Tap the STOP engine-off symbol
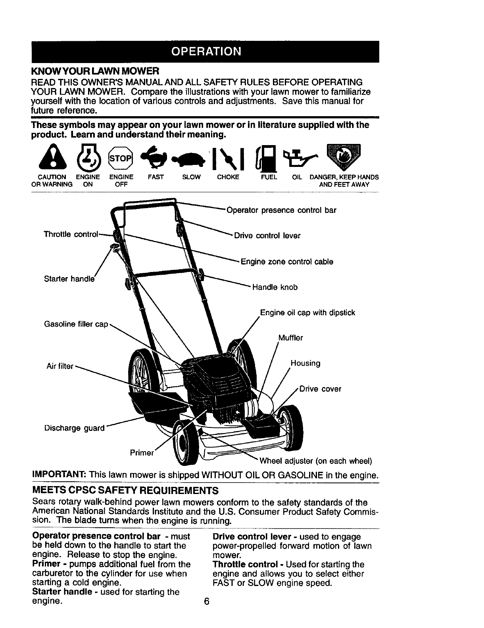click(x=121, y=159)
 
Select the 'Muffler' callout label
click(x=291, y=338)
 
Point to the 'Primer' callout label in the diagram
click(x=142, y=453)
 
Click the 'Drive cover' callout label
click(x=320, y=389)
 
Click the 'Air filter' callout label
click(x=60, y=367)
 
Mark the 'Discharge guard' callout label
click(x=75, y=428)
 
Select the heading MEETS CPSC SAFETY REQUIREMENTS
click(x=125, y=491)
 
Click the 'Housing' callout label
click(x=305, y=363)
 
